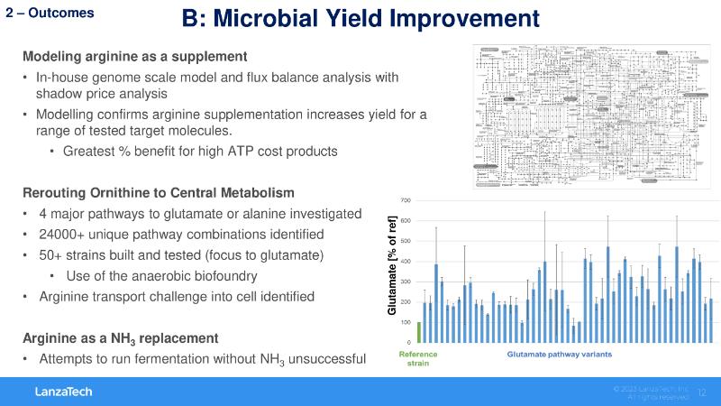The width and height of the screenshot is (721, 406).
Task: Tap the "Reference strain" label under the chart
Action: point(418,360)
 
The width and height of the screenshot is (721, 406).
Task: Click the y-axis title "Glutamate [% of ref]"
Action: point(391,267)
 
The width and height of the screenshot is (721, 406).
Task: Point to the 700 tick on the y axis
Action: point(406,199)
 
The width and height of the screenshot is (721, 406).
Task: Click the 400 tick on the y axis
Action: point(406,262)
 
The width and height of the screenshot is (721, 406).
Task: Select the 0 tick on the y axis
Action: point(408,343)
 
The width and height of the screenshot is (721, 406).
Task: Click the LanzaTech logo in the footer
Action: point(64,392)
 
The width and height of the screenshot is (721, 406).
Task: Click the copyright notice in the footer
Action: point(651,392)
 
